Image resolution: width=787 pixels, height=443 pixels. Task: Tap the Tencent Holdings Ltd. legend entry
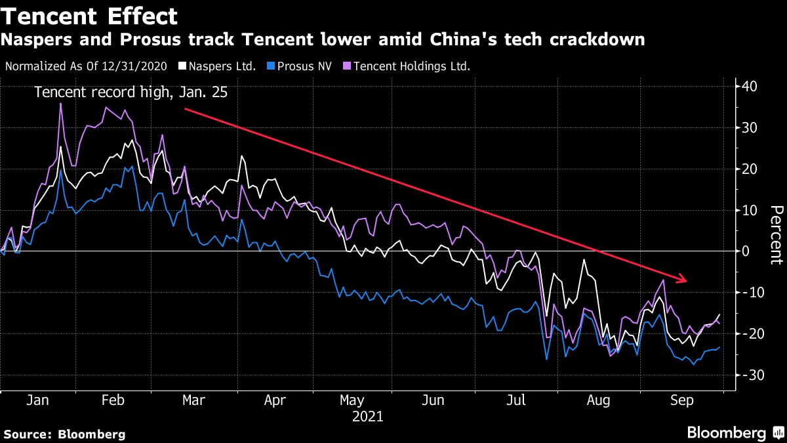pyautogui.click(x=407, y=66)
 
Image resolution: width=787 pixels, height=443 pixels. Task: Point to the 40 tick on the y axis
pyautogui.click(x=750, y=87)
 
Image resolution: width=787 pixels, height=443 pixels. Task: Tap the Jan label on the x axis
pyautogui.click(x=38, y=400)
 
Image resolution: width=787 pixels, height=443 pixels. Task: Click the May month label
pyautogui.click(x=352, y=400)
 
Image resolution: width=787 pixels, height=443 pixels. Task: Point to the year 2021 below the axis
pyautogui.click(x=367, y=416)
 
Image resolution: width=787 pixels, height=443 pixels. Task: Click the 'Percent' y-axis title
pyautogui.click(x=776, y=234)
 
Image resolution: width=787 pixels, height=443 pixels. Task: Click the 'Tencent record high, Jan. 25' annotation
pyautogui.click(x=131, y=93)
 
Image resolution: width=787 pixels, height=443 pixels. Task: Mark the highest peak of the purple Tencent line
pyautogui.click(x=61, y=104)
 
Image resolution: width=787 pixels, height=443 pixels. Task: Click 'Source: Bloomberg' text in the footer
pyautogui.click(x=64, y=434)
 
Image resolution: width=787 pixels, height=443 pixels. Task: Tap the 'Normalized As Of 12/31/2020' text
pyautogui.click(x=85, y=66)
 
